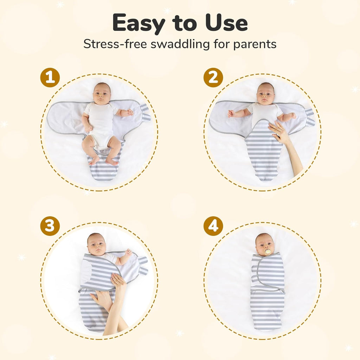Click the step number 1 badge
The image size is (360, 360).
50,77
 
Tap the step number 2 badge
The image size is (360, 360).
213,77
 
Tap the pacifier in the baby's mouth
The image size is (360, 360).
268,252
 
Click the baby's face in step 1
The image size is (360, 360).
102,94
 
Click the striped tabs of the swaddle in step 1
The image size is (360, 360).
145,113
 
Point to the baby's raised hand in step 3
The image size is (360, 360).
128,252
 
